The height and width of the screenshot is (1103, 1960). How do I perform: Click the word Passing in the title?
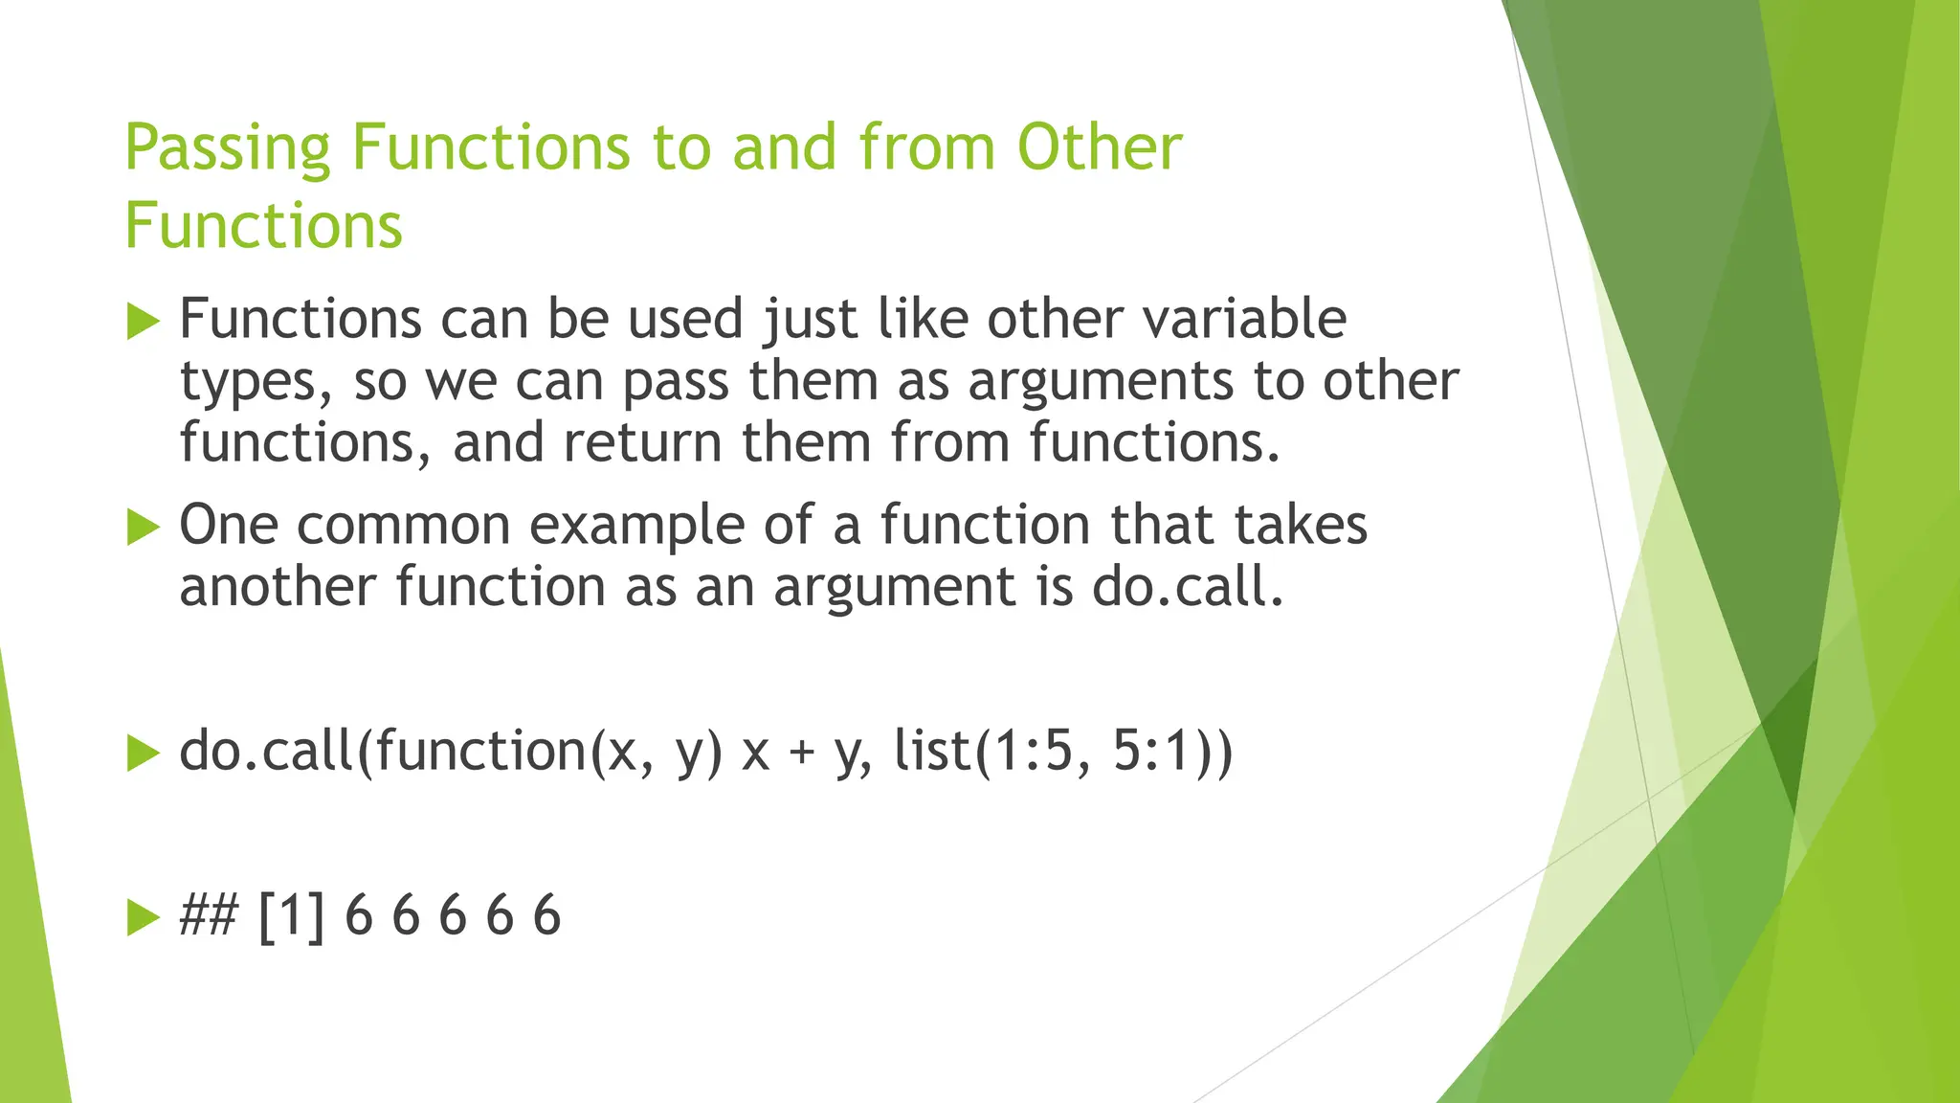tap(228, 149)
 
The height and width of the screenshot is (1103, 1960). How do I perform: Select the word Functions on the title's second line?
tap(263, 226)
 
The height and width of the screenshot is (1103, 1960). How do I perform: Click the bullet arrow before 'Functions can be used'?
tap(143, 321)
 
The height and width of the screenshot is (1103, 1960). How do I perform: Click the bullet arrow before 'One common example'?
tap(143, 527)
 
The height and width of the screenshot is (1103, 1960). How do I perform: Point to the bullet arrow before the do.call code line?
tap(143, 753)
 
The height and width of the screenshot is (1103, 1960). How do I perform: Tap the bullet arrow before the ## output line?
tap(143, 916)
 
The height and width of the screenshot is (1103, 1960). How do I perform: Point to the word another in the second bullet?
tap(278, 587)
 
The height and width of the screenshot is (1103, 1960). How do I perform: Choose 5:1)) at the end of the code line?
tap(1172, 751)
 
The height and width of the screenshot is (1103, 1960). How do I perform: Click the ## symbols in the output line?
tap(208, 915)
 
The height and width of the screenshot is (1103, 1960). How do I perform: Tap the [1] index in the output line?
tap(291, 915)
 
